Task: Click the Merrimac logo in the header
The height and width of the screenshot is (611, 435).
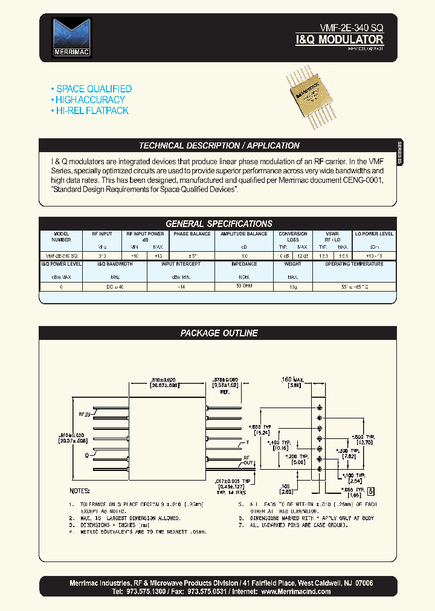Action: pos(71,37)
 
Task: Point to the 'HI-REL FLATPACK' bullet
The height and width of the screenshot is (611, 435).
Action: pos(92,110)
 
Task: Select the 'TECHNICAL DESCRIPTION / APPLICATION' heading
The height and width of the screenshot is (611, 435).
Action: pos(219,146)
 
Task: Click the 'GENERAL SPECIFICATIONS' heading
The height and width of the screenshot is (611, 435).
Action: pos(219,223)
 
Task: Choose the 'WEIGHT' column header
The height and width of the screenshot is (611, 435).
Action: pos(293,264)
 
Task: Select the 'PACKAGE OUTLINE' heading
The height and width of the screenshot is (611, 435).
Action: pos(219,333)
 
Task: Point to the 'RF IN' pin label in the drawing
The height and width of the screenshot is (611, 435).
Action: pos(83,414)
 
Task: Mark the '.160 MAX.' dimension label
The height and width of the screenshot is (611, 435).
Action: pos(295,380)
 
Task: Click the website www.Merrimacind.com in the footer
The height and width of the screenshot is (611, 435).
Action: pos(296,592)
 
